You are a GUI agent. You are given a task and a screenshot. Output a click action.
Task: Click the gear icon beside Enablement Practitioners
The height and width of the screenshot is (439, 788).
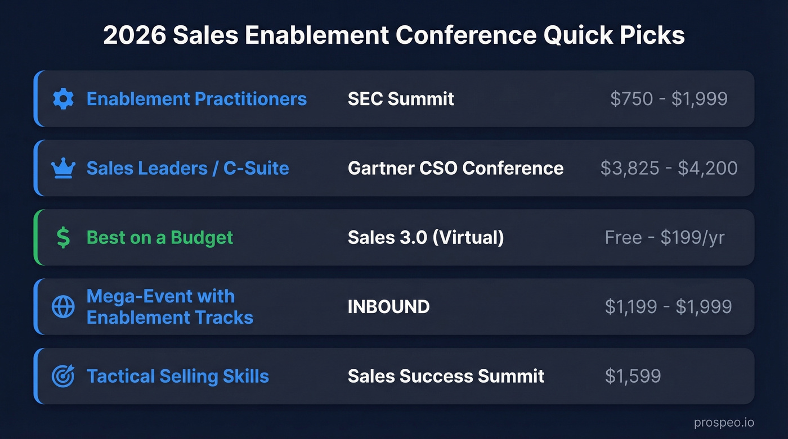(63, 99)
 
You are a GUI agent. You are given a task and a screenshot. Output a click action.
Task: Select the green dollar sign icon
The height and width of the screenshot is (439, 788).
(64, 238)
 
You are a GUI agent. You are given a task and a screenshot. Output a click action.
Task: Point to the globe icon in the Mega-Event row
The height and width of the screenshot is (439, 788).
(63, 307)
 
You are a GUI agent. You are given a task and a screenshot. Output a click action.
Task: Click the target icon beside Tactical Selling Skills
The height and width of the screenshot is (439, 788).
(63, 376)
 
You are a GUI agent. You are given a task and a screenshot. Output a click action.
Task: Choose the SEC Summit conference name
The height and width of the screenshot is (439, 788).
(401, 99)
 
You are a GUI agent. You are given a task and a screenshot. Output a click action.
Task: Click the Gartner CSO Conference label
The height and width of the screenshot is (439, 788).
(455, 168)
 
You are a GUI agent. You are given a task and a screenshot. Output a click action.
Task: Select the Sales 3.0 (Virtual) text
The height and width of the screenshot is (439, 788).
(426, 237)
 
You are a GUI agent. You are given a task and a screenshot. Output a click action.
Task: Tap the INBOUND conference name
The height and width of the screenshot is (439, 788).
(388, 307)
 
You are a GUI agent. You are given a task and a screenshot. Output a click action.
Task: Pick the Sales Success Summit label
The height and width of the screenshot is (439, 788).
(446, 376)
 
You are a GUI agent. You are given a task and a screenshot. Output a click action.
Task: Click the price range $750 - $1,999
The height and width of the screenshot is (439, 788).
(669, 99)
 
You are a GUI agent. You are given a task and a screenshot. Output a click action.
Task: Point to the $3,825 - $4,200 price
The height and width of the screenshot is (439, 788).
(669, 168)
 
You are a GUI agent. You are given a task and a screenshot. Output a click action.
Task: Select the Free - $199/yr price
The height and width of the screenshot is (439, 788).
(665, 237)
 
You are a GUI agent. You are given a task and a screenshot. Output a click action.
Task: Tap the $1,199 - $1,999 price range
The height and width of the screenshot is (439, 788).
(668, 307)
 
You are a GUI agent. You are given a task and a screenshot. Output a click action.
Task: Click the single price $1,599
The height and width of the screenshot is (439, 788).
(633, 376)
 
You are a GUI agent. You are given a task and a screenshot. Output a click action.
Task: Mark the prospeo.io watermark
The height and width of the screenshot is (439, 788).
(724, 423)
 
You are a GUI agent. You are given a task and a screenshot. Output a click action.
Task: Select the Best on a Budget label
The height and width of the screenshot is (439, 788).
(159, 237)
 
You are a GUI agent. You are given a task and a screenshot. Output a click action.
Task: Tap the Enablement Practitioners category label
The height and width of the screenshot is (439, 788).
(196, 99)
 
